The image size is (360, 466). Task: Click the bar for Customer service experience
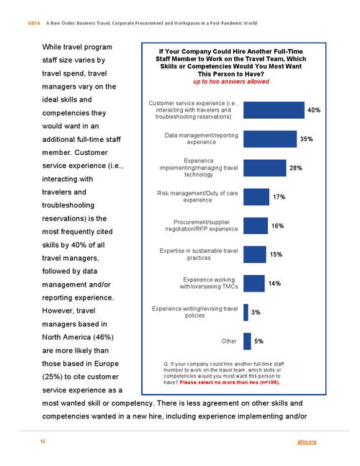[x=274, y=110]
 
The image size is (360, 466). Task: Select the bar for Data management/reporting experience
[x=270, y=139]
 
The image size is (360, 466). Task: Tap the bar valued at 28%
[x=265, y=168]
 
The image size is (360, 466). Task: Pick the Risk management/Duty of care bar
[x=256, y=197]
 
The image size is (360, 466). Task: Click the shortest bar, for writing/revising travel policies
[x=246, y=313]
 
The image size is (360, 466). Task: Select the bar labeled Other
[x=247, y=341]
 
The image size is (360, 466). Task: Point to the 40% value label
[x=314, y=110]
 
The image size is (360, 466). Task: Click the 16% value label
[x=277, y=226]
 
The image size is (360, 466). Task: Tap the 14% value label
[x=274, y=284]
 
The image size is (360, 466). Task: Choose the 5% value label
[x=258, y=341]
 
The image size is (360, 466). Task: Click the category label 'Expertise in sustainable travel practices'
[x=199, y=254]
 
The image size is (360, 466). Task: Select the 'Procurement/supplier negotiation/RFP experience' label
[x=202, y=225]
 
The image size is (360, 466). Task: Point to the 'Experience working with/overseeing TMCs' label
[x=209, y=283]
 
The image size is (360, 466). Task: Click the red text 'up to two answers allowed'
[x=231, y=81]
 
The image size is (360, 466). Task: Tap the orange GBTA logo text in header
[x=34, y=23]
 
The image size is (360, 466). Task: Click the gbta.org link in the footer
[x=307, y=442]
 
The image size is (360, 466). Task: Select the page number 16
[x=42, y=442]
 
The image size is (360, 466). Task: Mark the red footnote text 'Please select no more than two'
[x=219, y=382]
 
